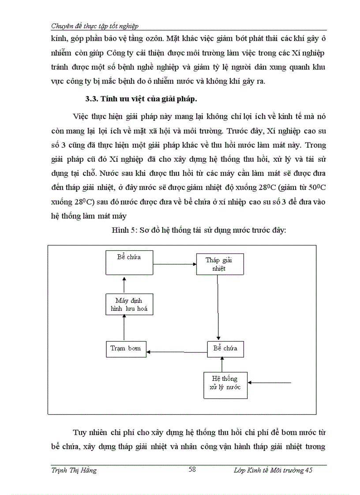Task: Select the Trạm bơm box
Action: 126,349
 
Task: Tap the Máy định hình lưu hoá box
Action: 126,304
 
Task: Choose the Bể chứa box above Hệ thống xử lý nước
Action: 225,349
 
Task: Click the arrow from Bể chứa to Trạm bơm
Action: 176,351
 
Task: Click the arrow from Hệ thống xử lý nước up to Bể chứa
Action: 222,365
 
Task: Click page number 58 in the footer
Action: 192,469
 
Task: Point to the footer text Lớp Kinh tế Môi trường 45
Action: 273,470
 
